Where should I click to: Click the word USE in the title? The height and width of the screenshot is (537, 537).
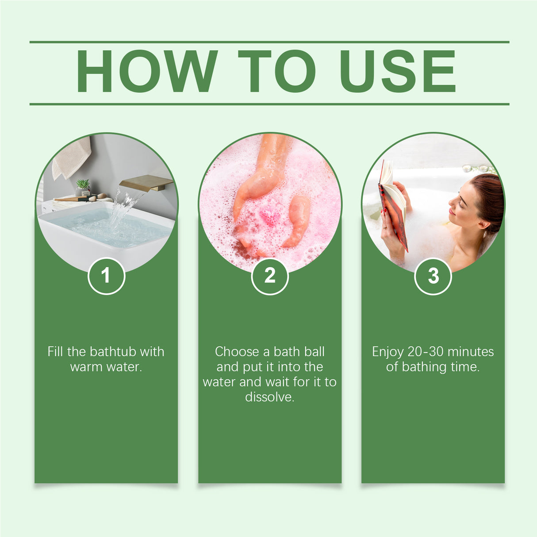(397, 71)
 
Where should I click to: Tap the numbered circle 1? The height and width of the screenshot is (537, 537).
(106, 276)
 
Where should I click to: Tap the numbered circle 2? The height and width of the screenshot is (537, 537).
(270, 276)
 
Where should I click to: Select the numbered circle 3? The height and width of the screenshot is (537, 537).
(433, 276)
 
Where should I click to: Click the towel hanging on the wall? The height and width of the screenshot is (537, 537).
(71, 157)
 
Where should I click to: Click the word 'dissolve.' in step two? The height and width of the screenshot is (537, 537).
(269, 397)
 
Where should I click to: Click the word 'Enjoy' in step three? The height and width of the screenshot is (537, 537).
(387, 352)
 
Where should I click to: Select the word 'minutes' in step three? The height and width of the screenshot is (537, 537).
(471, 352)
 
